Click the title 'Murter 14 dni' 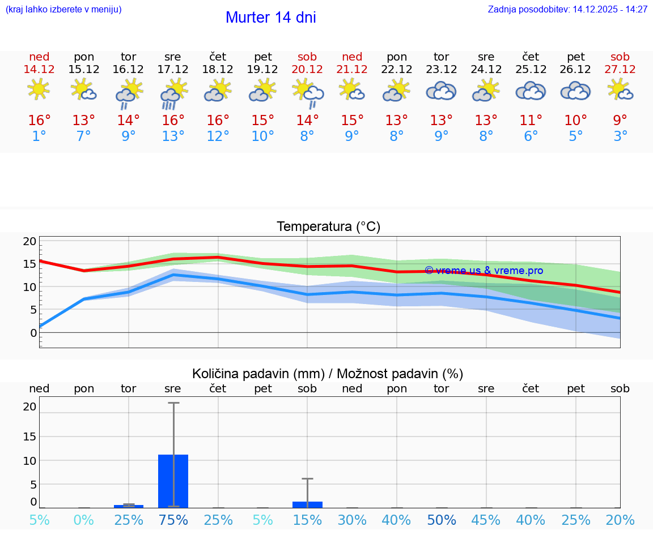270,18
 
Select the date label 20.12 307,69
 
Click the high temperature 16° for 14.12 39,121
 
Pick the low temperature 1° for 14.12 39,136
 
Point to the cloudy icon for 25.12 531,91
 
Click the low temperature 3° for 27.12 620,136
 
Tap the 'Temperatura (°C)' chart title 328,227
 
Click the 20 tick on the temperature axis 29,241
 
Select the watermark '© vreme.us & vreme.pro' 484,271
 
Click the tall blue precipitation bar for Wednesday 173,481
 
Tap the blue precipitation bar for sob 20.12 307,504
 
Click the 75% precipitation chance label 173,520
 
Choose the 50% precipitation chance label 442,520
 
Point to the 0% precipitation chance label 84,520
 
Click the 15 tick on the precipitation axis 29,437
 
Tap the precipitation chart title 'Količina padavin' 258,374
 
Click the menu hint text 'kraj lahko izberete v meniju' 63,10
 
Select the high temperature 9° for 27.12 620,121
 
